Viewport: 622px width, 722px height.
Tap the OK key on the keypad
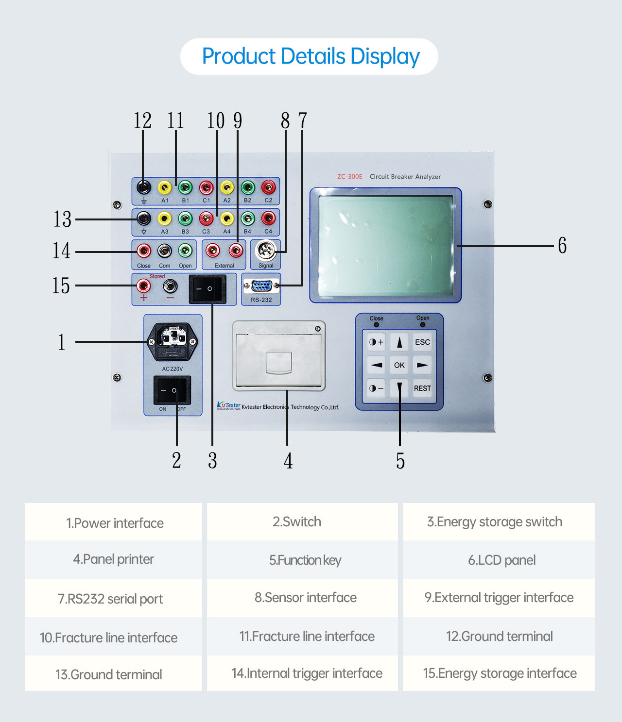pos(399,365)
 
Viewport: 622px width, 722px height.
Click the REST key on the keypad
pos(422,388)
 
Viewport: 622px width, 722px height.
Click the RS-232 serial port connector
pos(261,286)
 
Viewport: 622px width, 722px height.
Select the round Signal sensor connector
pos(265,251)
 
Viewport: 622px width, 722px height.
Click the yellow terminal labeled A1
pos(165,187)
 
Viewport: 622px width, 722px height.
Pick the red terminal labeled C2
pos(268,187)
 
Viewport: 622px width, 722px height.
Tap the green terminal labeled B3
pos(185,219)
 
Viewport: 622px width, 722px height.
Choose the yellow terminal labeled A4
pos(227,219)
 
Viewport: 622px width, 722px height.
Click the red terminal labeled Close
pos(143,251)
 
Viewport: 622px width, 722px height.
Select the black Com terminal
pos(165,251)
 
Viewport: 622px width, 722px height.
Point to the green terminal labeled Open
pos(185,251)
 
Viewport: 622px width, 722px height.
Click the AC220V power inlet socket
pos(173,342)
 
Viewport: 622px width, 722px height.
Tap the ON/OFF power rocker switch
pos(172,390)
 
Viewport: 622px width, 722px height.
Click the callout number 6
pos(562,246)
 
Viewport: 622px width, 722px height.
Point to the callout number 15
pos(61,286)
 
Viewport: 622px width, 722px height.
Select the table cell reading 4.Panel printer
pos(113,559)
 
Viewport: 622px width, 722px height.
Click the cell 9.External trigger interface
pos(499,598)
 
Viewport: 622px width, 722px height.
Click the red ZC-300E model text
pos(350,177)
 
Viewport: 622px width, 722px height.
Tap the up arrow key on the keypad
pos(399,342)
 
